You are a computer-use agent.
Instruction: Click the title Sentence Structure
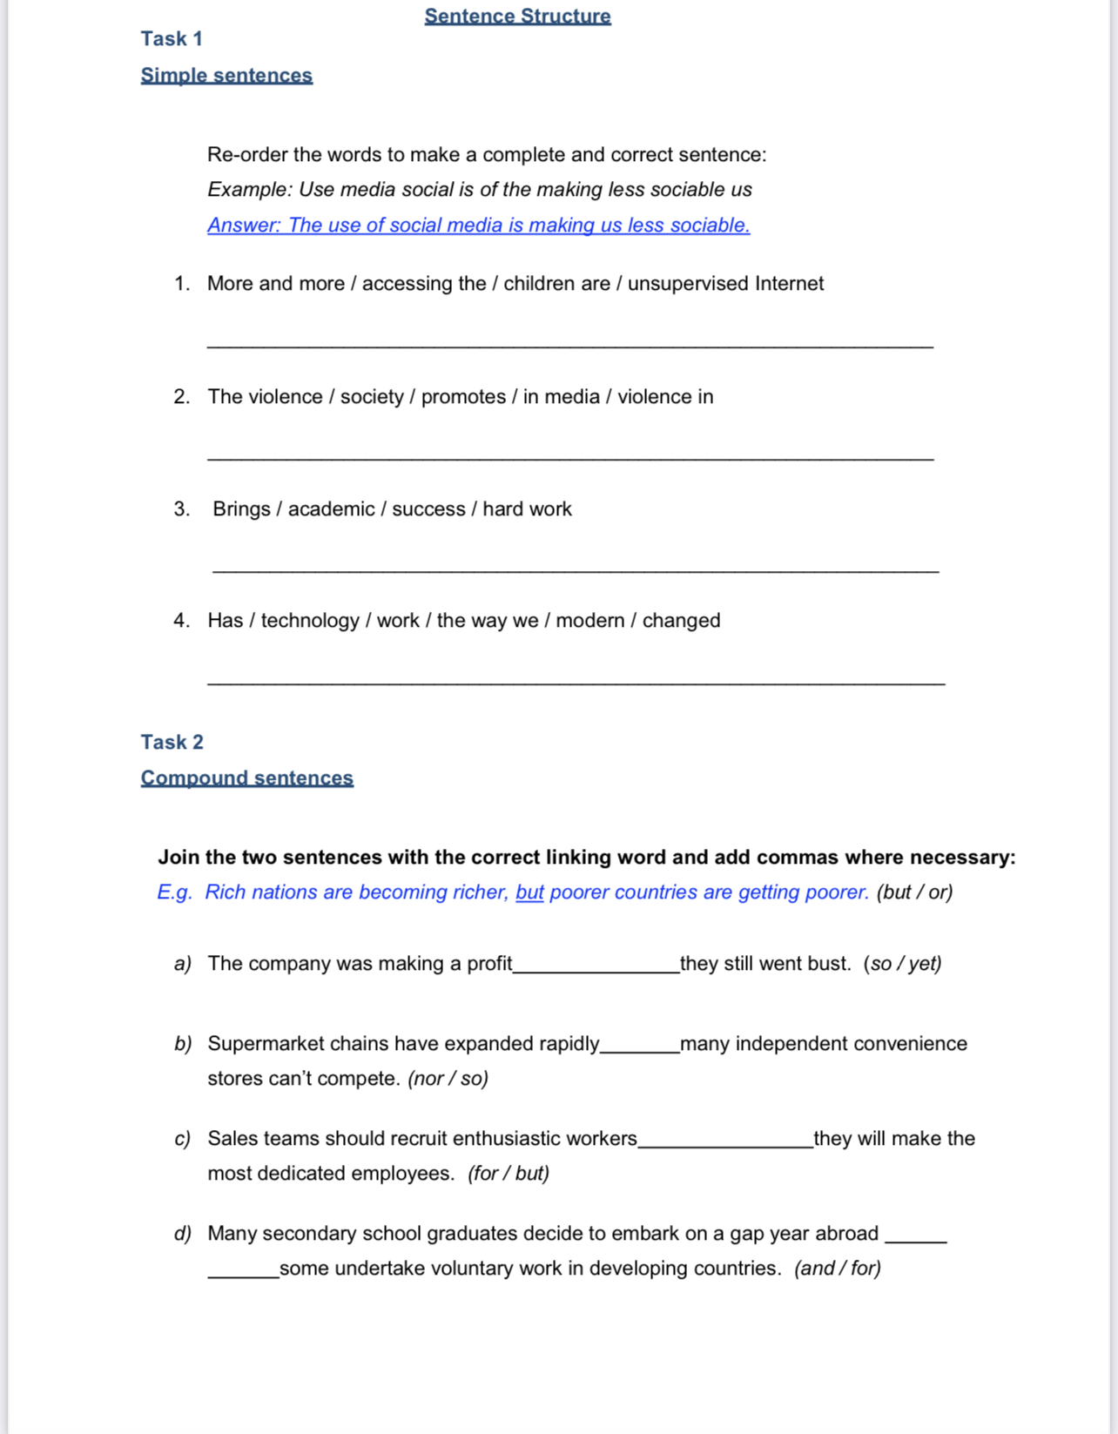click(x=517, y=16)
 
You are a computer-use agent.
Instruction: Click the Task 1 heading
click(x=172, y=38)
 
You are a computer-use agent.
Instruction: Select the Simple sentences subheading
click(x=226, y=76)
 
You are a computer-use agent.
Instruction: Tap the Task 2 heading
click(x=172, y=742)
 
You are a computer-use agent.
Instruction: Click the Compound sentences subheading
click(x=246, y=778)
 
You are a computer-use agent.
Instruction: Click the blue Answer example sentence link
click(x=478, y=225)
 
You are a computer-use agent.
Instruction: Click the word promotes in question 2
click(x=463, y=396)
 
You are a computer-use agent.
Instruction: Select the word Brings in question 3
click(x=241, y=508)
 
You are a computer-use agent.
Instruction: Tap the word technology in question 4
click(x=310, y=620)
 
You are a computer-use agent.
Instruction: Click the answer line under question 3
click(x=575, y=570)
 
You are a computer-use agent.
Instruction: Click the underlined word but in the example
click(x=529, y=892)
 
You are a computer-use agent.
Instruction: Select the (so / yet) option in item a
click(x=902, y=963)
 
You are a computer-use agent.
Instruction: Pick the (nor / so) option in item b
click(x=448, y=1078)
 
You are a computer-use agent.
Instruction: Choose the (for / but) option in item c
click(x=508, y=1173)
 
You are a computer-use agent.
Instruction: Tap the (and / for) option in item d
click(x=837, y=1268)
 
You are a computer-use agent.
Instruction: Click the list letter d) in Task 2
click(x=182, y=1234)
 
